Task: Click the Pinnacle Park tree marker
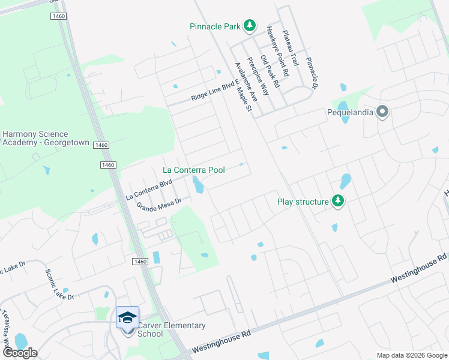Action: click(250, 26)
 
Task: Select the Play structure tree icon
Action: click(339, 202)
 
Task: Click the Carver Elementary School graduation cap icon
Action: click(127, 317)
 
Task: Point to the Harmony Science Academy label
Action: click(45, 139)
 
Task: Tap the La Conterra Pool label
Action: click(194, 170)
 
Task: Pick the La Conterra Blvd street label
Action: click(149, 188)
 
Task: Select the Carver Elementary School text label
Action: click(172, 329)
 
